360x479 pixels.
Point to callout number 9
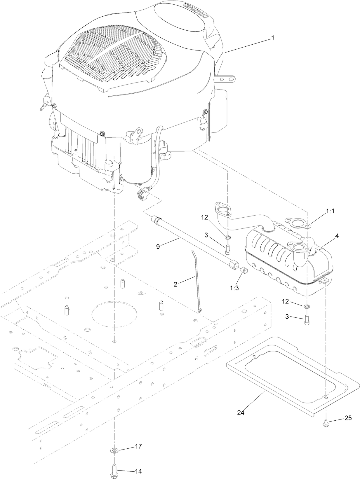click(x=158, y=247)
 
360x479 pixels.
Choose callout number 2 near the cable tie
click(x=175, y=284)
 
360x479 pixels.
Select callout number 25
click(x=348, y=418)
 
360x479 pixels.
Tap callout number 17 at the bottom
click(x=138, y=446)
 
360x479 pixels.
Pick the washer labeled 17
click(x=114, y=451)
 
